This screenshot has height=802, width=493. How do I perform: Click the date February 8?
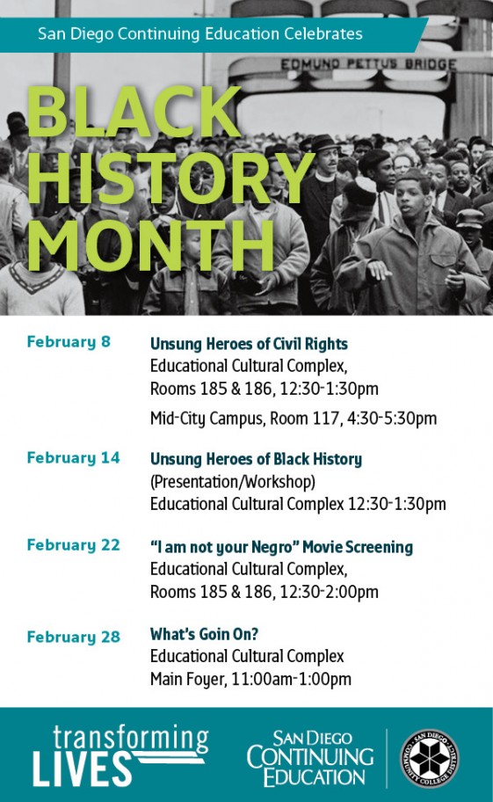click(69, 342)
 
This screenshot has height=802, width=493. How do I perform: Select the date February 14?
click(73, 458)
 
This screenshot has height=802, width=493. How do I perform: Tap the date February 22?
click(73, 545)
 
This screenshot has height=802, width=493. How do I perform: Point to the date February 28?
click(73, 637)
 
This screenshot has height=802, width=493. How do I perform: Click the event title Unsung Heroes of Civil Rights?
click(249, 344)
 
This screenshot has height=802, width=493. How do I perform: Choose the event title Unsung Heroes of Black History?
click(256, 459)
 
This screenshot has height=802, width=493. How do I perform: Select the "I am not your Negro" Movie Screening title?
click(281, 547)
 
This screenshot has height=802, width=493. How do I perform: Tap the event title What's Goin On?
click(204, 634)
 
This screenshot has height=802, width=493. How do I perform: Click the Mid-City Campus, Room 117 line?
click(293, 419)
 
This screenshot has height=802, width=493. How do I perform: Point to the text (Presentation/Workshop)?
click(232, 482)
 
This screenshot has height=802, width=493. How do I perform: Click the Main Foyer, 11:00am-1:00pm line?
click(250, 679)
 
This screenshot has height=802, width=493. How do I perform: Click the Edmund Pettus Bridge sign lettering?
click(368, 64)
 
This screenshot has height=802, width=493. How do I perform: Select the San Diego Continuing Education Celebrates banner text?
click(199, 34)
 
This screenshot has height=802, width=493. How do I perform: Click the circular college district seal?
click(429, 759)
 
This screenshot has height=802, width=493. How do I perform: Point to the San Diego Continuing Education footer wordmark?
click(310, 758)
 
